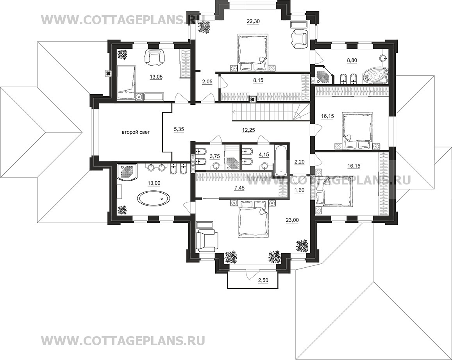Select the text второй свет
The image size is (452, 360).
tap(136, 133)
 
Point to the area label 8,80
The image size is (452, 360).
tap(352, 61)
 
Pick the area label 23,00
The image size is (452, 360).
tap(293, 220)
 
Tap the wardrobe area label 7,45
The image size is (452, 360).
tap(239, 188)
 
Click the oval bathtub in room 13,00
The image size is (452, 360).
tap(154, 199)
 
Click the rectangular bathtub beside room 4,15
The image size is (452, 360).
tap(280, 159)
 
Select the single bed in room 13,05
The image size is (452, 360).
tap(126, 82)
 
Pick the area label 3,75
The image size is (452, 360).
tap(215, 156)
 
